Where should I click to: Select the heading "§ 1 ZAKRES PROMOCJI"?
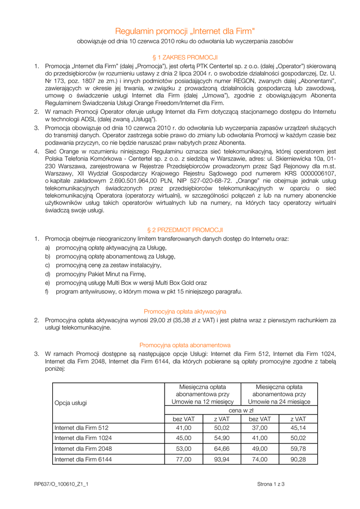tap(185, 57)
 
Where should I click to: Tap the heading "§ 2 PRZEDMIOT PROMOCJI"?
tap(185, 230)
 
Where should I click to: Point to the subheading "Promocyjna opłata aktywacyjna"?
tap(185, 312)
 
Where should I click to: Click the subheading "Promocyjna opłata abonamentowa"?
tap(185, 345)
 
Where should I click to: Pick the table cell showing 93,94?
tap(221, 459)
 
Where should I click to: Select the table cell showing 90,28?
tap(298, 459)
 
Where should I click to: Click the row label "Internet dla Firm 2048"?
tap(83, 449)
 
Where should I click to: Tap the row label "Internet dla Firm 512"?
tap(81, 427)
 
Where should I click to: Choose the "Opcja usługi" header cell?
tap(71, 403)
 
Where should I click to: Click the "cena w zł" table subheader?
tap(241, 411)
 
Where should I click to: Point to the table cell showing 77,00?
tap(183, 459)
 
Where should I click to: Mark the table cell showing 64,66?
tap(221, 449)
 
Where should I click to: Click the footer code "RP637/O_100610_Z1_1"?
tap(61, 484)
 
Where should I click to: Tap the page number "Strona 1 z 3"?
tap(270, 484)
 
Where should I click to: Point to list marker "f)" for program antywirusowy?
tap(48, 291)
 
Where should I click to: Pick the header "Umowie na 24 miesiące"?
tap(279, 402)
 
